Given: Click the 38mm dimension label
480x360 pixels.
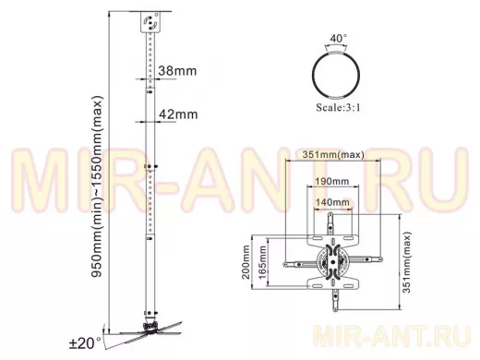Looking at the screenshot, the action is tap(177, 71).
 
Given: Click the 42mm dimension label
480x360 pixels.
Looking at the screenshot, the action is tap(178, 114).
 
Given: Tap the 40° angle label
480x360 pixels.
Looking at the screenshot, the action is tap(338, 39).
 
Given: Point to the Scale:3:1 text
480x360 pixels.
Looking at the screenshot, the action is tap(338, 107).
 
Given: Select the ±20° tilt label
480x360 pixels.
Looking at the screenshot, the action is tap(85, 343).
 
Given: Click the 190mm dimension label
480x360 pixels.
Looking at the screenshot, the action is tap(332, 181).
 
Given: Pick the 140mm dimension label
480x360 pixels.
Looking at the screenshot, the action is tap(332, 202).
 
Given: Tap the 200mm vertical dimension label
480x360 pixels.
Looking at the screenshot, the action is tap(246, 262).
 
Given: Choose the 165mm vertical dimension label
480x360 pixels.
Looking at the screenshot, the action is tap(262, 262).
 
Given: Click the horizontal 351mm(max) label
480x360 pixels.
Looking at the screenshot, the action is tap(333, 154).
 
